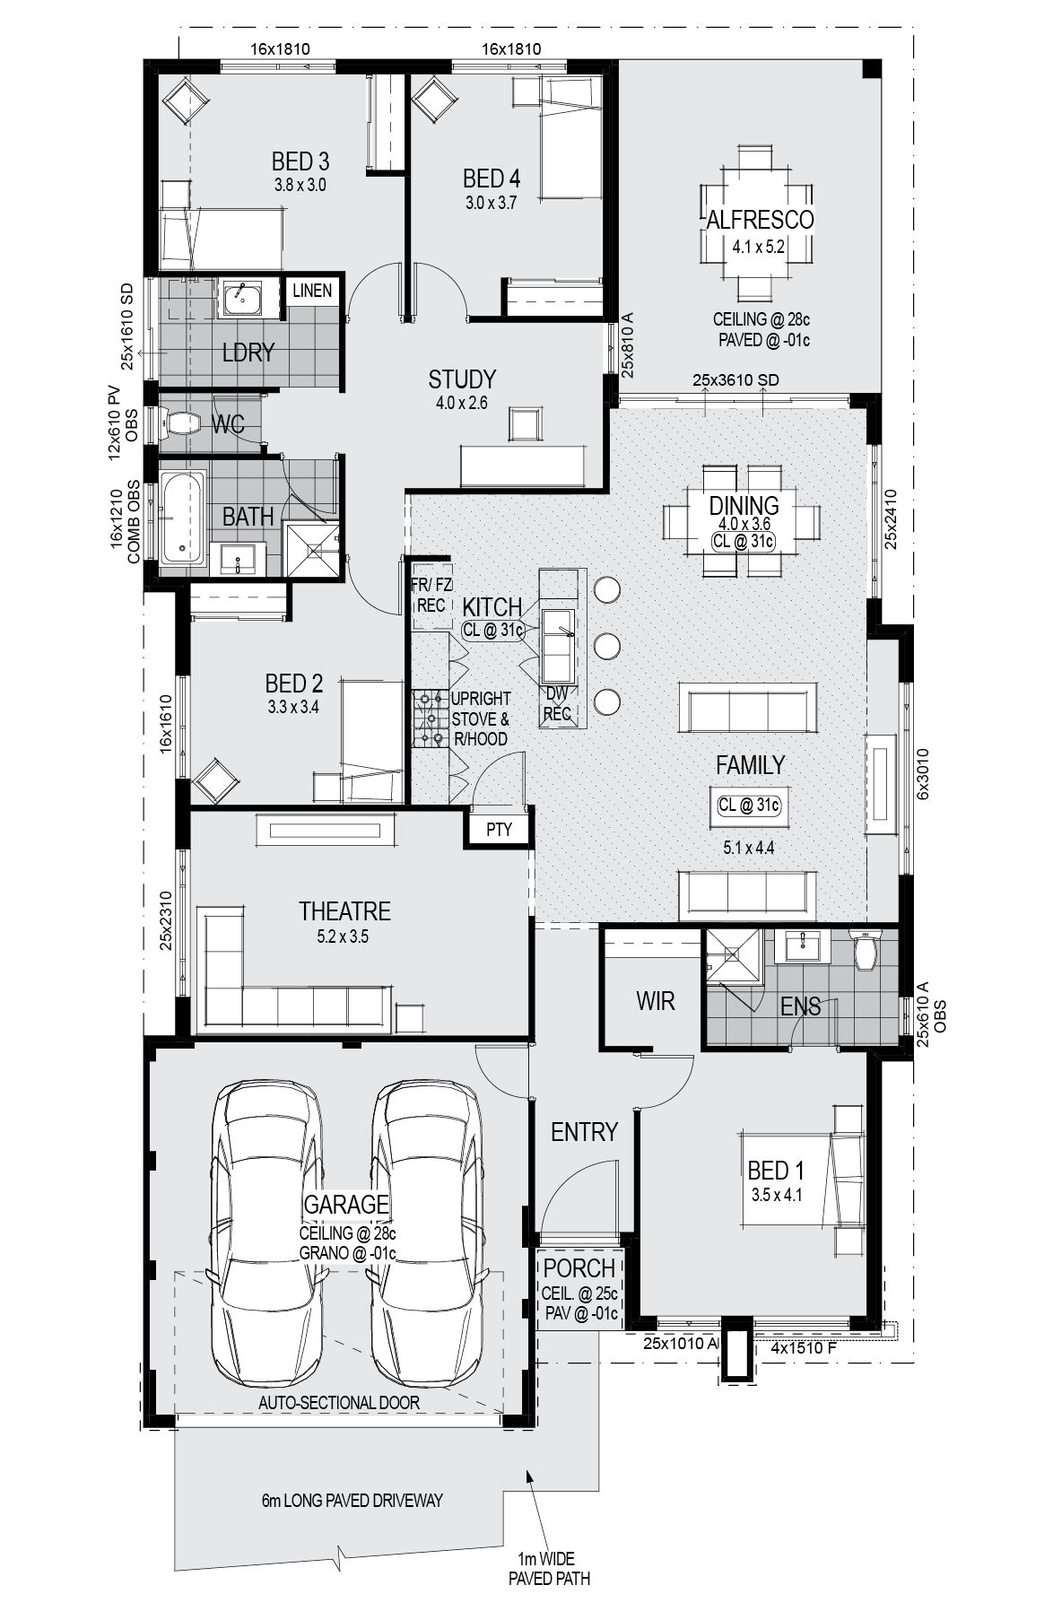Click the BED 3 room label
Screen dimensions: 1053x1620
[x=300, y=161]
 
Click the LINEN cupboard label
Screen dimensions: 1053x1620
[x=312, y=291]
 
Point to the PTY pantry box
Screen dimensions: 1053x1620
[x=499, y=829]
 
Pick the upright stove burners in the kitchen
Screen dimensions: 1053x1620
[x=431, y=718]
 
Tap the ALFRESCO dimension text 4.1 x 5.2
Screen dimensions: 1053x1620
[x=759, y=246]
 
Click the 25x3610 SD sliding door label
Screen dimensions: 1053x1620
[x=735, y=380]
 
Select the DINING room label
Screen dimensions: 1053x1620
[x=744, y=505]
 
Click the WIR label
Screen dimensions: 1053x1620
[x=655, y=1001]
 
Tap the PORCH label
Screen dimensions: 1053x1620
[x=579, y=1268]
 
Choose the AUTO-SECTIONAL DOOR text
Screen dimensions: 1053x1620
[x=339, y=1403]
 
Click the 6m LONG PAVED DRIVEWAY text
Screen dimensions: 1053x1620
[x=352, y=1501]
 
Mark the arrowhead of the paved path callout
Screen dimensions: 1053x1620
[x=530, y=1474]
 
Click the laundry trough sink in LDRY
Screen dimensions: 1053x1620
[x=241, y=297]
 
